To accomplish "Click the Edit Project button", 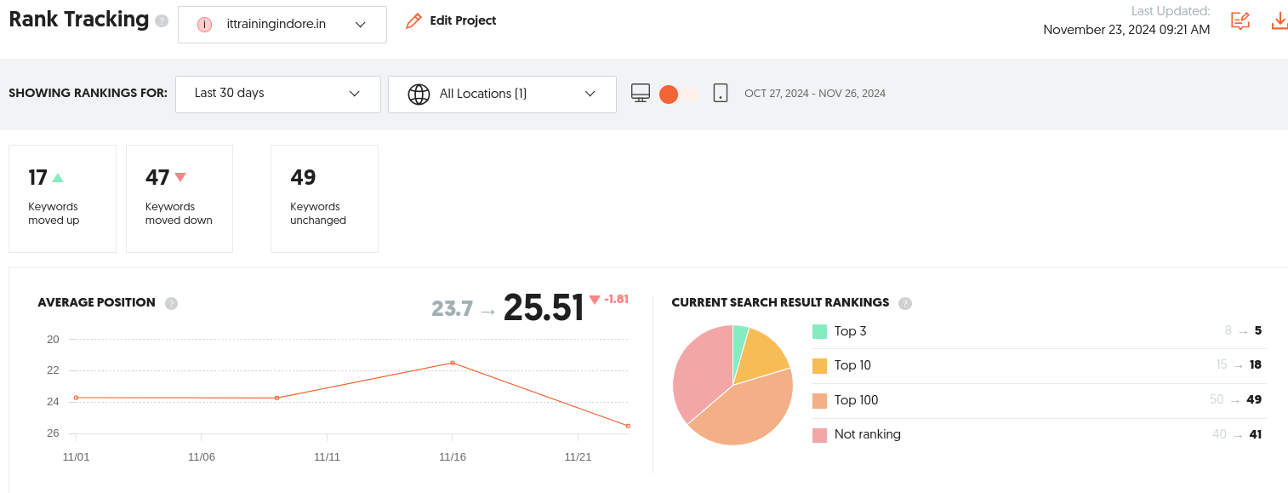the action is pos(451,20).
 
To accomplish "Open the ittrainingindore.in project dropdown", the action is pos(282,25).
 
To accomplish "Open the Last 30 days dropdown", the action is pos(277,94).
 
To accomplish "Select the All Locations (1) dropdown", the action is pos(502,94).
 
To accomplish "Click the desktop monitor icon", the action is pos(641,93).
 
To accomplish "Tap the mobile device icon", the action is pos(721,93).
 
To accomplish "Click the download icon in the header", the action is pos(1279,20).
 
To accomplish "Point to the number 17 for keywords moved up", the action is pos(37,177).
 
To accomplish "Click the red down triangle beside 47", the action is pos(180,176).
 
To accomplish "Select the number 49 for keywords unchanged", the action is pos(303,177).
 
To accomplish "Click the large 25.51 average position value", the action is pos(544,307).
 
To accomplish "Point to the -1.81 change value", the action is pos(616,299).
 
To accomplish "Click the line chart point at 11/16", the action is pos(453,363).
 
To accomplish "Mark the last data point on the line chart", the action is pos(628,427).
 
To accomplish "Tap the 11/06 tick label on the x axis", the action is pos(202,456).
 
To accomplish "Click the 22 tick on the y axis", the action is pos(53,370).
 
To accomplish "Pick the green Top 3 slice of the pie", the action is pos(740,346).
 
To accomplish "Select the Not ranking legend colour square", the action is pos(819,435).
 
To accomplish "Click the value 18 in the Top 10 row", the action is pos(1255,364).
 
